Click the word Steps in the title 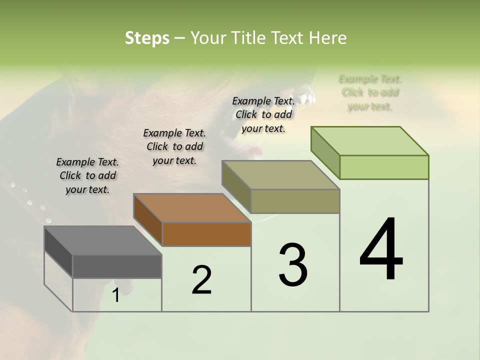point(147,38)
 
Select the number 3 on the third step point(293,265)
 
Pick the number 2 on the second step point(201,280)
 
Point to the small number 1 point(115,295)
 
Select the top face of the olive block point(280,175)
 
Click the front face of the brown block point(206,234)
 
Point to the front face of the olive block point(295,201)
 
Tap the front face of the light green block point(384,167)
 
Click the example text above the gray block point(87,175)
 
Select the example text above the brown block point(174,146)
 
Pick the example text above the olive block point(263,114)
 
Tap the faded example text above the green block point(370,92)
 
